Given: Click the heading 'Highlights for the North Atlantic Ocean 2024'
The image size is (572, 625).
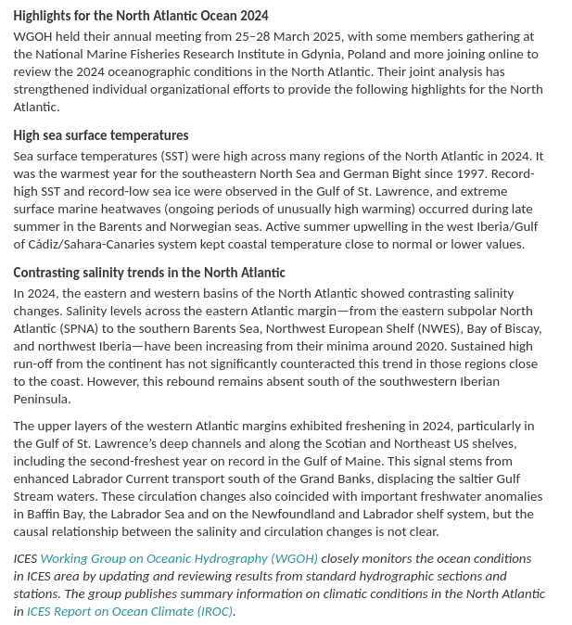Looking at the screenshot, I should point(141,16).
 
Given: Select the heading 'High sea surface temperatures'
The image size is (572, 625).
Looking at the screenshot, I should point(101,135).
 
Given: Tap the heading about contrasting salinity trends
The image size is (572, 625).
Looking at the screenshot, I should point(149,273).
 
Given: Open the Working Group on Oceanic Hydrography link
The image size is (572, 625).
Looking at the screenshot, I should point(179,559).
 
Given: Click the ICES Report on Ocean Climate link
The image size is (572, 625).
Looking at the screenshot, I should point(130,611).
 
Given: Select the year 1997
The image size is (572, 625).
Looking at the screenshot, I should point(489,173).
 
